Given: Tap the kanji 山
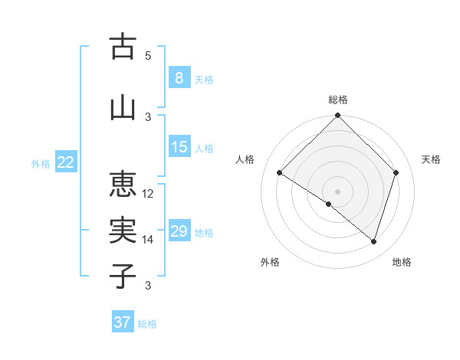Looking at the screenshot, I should (123, 108).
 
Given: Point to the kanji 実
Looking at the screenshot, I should (123, 231).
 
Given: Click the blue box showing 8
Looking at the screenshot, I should (179, 78).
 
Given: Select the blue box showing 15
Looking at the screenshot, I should (179, 147).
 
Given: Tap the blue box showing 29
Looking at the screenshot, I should (179, 231).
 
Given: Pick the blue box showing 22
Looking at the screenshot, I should (66, 162).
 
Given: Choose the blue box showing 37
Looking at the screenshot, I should (122, 322).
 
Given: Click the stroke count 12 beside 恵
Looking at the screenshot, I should (148, 193).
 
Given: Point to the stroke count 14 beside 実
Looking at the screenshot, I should (148, 240).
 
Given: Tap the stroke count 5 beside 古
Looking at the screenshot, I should (148, 55).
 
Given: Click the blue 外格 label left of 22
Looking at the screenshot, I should (40, 163).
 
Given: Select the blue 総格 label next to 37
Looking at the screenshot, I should (147, 324).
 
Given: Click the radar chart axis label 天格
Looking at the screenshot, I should (432, 159).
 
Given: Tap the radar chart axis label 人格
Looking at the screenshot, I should (245, 159).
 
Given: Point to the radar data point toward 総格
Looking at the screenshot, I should (337, 116).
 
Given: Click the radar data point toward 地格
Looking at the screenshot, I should (373, 241).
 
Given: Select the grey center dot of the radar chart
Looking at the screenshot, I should (337, 191).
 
